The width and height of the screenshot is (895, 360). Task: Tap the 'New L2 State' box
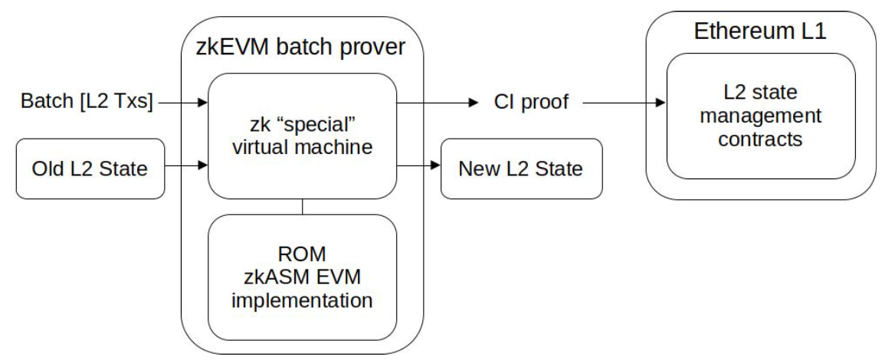point(521,169)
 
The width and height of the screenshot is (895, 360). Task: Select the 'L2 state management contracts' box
point(760,116)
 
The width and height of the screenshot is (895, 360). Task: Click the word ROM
point(302,254)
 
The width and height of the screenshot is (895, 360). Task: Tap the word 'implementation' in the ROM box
point(302,299)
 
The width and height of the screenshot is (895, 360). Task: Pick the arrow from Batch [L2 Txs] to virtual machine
point(185,100)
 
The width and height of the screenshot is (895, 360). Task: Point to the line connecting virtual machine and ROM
point(303,206)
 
